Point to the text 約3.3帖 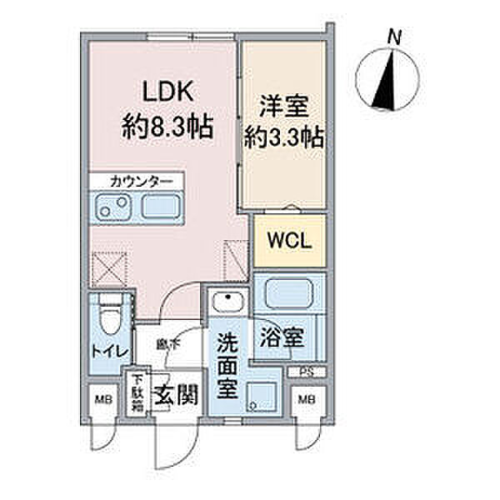tap(282, 136)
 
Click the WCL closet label tap(288, 242)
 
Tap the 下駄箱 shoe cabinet tap(136, 392)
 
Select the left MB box tap(99, 398)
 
